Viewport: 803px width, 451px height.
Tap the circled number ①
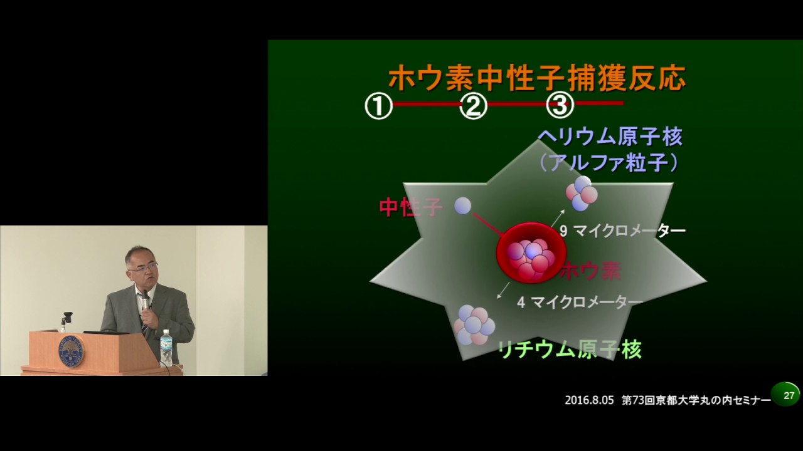[x=379, y=106]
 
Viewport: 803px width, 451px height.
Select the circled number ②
[x=473, y=106]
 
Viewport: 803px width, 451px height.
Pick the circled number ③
[x=560, y=105]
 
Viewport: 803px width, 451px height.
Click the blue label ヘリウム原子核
[x=611, y=137]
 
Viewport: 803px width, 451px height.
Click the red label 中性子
[x=411, y=207]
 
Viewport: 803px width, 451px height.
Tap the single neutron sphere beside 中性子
[x=463, y=206]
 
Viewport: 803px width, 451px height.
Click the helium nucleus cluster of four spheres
[x=582, y=194]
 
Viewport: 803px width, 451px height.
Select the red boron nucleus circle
[x=531, y=253]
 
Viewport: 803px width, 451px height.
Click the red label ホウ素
[x=590, y=271]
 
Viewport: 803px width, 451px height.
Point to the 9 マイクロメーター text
[x=623, y=231]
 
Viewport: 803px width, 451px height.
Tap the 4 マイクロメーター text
[x=580, y=303]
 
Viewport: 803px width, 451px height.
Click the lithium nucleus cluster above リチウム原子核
[x=474, y=325]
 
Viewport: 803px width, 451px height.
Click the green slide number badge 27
[x=786, y=395]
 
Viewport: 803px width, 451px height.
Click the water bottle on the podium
[x=166, y=348]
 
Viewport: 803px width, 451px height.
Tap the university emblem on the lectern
[x=72, y=352]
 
